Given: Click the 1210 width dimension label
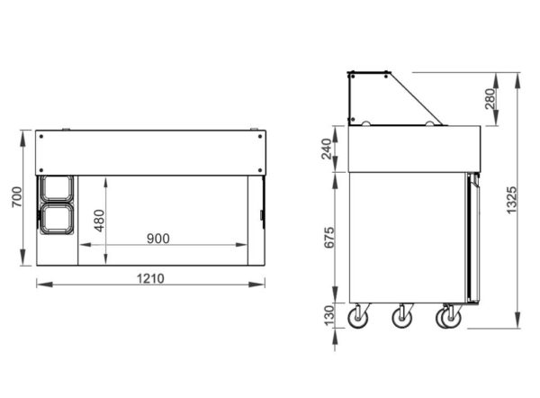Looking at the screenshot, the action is (150, 278).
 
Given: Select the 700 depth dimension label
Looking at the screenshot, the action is (17, 197).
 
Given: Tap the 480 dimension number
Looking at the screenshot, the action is (99, 221).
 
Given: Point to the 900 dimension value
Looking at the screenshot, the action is (158, 239).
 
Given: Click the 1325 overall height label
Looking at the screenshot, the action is (512, 200).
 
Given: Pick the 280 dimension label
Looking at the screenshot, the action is (490, 99).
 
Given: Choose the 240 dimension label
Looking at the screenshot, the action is (326, 149).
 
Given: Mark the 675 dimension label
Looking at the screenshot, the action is (328, 238).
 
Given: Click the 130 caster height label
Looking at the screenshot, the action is (329, 315).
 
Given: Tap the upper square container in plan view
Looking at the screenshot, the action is (57, 188).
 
